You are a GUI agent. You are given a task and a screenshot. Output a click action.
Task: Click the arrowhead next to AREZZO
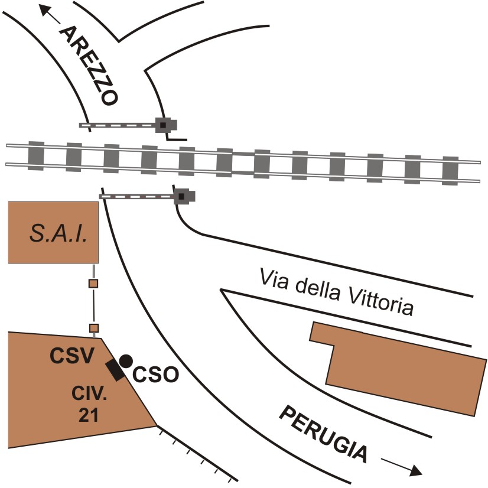(x=43, y=8)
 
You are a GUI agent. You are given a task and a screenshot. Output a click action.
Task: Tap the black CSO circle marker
(x=126, y=359)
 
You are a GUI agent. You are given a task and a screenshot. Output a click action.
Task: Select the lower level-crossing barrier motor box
(x=182, y=196)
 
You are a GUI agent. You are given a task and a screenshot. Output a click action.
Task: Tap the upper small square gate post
(x=93, y=284)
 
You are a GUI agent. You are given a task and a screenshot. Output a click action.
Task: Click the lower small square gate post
(x=93, y=328)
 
